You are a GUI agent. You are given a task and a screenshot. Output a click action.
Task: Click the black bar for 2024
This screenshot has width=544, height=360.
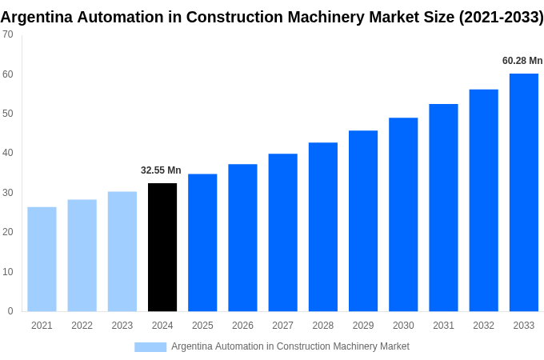pyautogui.click(x=162, y=247)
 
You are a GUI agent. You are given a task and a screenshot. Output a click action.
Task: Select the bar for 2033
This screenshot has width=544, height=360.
pyautogui.click(x=523, y=192)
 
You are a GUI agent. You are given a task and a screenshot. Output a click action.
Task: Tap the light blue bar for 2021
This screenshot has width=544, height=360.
pyautogui.click(x=42, y=259)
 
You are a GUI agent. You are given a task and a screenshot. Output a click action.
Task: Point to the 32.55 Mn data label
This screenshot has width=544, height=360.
pyautogui.click(x=161, y=170)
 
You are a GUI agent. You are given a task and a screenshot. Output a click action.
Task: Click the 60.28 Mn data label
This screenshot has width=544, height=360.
pyautogui.click(x=522, y=61)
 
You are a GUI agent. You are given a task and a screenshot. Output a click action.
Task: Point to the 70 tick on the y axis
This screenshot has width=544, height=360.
pyautogui.click(x=7, y=34)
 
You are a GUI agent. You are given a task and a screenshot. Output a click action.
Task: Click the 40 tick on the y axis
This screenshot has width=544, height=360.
pyautogui.click(x=7, y=153)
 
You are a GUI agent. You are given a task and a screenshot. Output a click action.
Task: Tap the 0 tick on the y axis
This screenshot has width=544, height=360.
pyautogui.click(x=10, y=311)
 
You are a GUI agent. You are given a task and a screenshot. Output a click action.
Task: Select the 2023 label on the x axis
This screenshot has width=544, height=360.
pyautogui.click(x=122, y=326)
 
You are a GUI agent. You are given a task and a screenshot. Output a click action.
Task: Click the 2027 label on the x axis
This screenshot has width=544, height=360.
pyautogui.click(x=282, y=326)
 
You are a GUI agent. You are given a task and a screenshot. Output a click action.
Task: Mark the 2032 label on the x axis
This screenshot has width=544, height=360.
pyautogui.click(x=483, y=326)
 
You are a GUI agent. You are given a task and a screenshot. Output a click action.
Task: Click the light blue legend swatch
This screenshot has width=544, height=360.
pyautogui.click(x=150, y=347)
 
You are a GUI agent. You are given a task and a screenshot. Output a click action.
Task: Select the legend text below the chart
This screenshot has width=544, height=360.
pyautogui.click(x=290, y=346)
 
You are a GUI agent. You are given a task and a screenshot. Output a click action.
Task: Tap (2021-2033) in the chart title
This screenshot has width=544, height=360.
pyautogui.click(x=501, y=17)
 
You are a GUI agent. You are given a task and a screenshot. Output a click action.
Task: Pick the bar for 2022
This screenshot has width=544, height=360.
pyautogui.click(x=82, y=255)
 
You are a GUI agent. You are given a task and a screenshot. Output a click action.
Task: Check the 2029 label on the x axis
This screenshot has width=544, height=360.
pyautogui.click(x=363, y=326)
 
